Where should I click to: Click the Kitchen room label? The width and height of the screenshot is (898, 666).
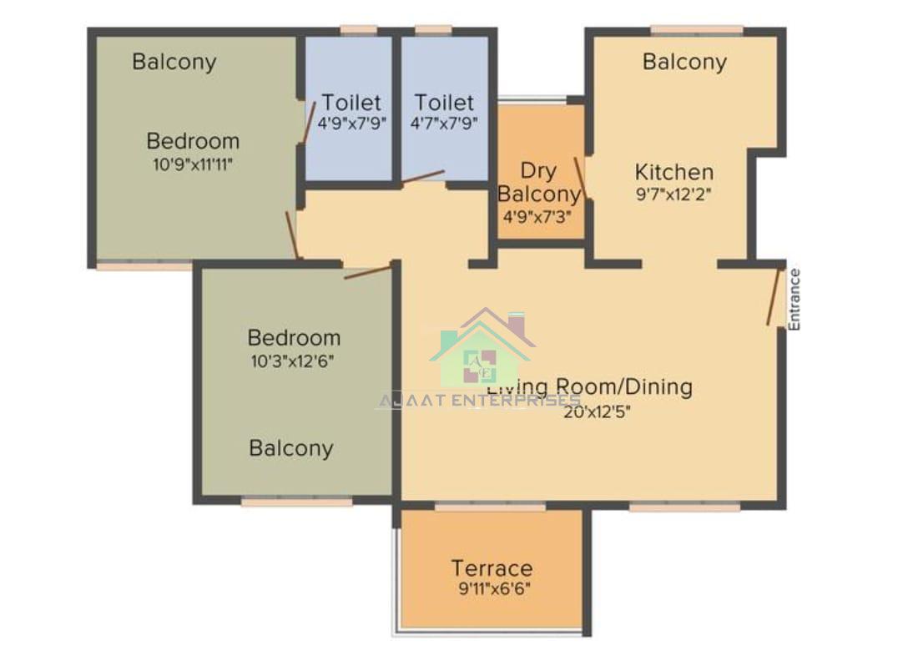point(673,173)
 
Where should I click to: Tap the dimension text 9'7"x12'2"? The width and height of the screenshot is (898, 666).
point(673,194)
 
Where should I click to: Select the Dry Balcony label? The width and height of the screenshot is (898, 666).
point(538,183)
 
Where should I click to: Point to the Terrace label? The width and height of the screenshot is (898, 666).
point(492,568)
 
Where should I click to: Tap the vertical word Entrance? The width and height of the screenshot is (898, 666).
point(795,299)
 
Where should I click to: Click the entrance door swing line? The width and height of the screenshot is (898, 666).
point(774,296)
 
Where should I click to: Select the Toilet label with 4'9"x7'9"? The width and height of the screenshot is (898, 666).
point(351,103)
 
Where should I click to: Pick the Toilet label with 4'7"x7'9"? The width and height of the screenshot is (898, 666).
point(444,103)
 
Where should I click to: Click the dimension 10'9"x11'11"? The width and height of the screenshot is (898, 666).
point(193,164)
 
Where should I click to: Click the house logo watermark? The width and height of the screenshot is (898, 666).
point(482,349)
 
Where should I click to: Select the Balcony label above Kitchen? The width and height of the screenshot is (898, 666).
point(684,62)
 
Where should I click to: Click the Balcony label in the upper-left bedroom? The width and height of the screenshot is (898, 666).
point(174,62)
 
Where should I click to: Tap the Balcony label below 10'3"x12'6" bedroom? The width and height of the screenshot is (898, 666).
point(291,448)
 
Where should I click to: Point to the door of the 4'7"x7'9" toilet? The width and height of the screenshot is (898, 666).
point(423,177)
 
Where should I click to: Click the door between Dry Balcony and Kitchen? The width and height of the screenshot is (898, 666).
point(581,178)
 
